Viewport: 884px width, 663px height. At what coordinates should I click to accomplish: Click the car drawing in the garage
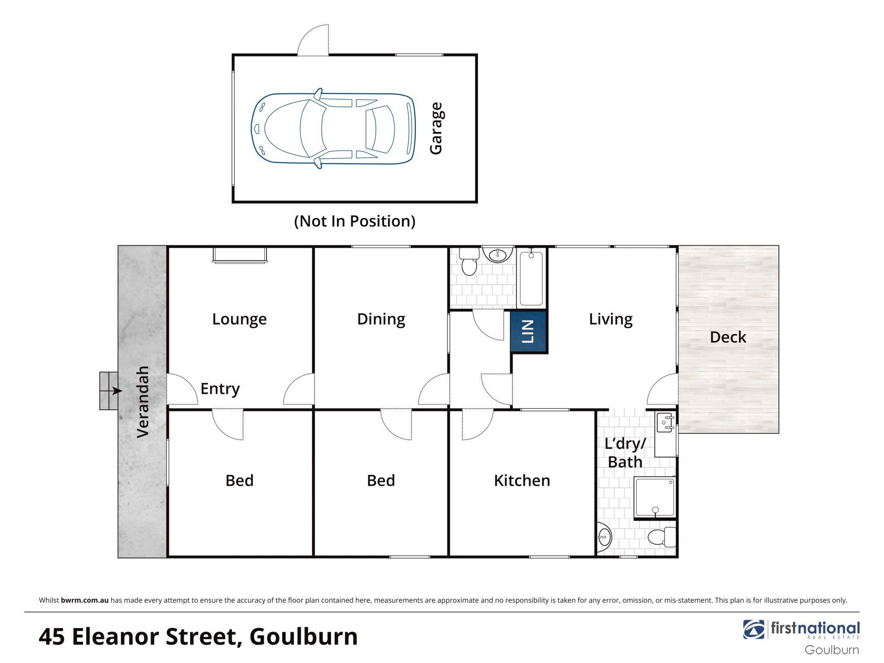tap(333, 128)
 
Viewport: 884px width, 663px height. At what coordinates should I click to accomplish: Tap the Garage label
tap(436, 128)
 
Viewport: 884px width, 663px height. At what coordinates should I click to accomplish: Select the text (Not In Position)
tap(355, 221)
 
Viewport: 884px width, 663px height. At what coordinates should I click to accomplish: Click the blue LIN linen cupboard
tap(529, 331)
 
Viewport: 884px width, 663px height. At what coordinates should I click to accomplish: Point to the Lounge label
tap(239, 320)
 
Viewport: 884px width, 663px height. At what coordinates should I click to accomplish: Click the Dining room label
tap(381, 320)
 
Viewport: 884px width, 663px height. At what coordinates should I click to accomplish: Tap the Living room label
tap(611, 320)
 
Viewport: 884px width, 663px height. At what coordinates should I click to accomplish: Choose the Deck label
tap(728, 337)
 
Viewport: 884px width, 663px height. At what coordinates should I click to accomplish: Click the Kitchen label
tap(522, 481)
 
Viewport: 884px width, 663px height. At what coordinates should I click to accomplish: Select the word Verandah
tap(143, 402)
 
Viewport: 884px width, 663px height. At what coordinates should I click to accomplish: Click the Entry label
tap(220, 389)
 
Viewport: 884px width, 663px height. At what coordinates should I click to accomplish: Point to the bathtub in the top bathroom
tap(531, 278)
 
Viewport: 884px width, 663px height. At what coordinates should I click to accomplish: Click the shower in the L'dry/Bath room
tap(654, 498)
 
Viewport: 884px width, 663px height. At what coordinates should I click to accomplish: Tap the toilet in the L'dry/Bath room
tap(662, 537)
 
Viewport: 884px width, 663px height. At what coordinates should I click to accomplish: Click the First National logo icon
tap(754, 629)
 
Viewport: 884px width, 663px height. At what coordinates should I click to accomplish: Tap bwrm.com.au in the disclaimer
tap(85, 600)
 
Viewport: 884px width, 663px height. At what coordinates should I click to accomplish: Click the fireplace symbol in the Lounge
tap(239, 255)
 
